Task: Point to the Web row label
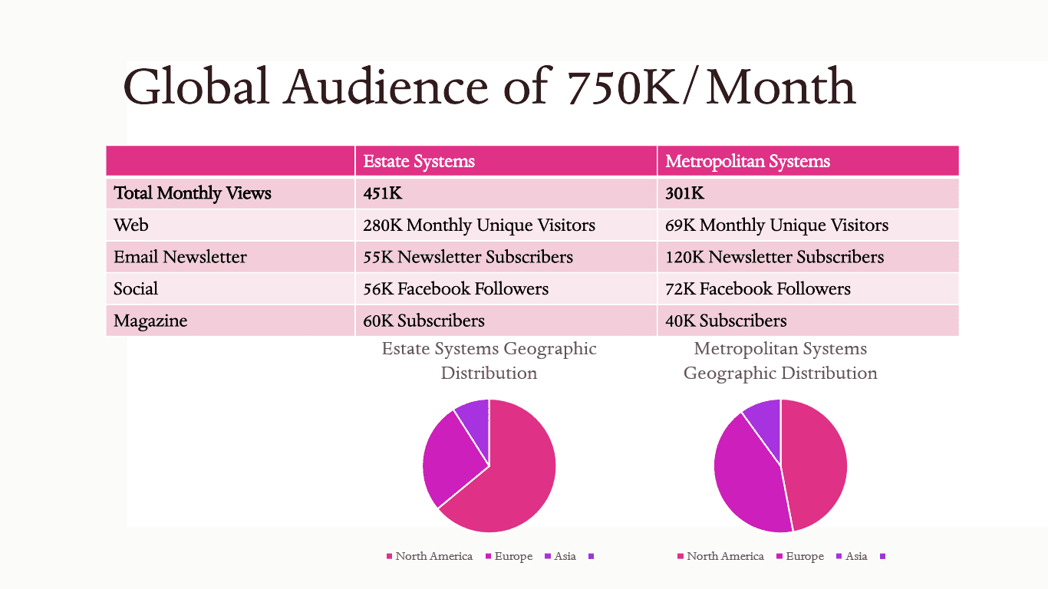coord(131,225)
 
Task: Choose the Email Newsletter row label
coord(180,257)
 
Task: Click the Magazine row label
coord(150,321)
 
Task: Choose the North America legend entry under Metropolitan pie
coord(720,556)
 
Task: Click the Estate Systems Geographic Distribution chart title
coord(489,360)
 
